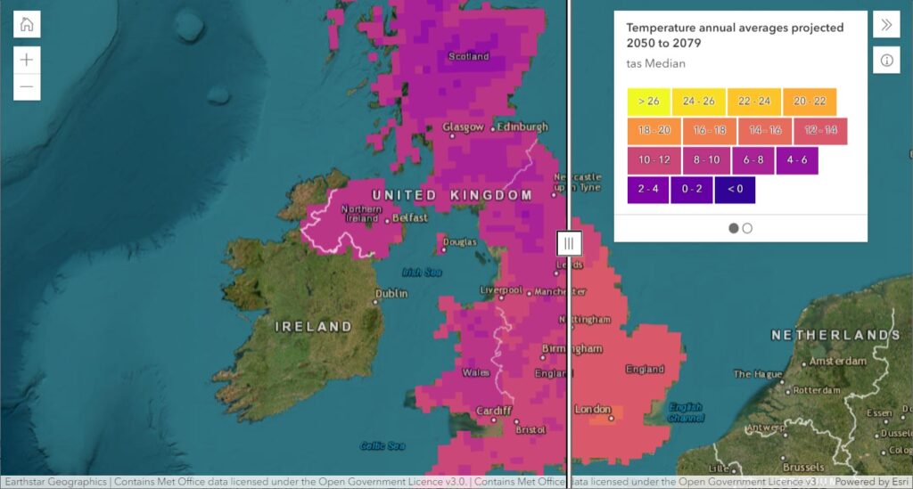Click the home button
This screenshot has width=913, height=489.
(x=27, y=24)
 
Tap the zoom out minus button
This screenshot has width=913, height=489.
(x=27, y=86)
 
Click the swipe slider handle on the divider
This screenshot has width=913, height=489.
(x=569, y=242)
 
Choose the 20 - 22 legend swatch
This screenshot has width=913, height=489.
(x=810, y=102)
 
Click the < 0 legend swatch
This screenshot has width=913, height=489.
(x=735, y=190)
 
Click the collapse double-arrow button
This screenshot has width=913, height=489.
(x=886, y=24)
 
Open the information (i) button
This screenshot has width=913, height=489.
(x=886, y=61)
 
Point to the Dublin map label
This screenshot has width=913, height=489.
(x=391, y=294)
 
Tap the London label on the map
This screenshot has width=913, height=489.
(x=592, y=410)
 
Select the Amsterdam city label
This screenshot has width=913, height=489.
(x=837, y=362)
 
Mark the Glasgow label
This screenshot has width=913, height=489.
(x=463, y=127)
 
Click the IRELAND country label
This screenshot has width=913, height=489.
(x=313, y=327)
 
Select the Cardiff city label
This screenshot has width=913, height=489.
(x=494, y=411)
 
